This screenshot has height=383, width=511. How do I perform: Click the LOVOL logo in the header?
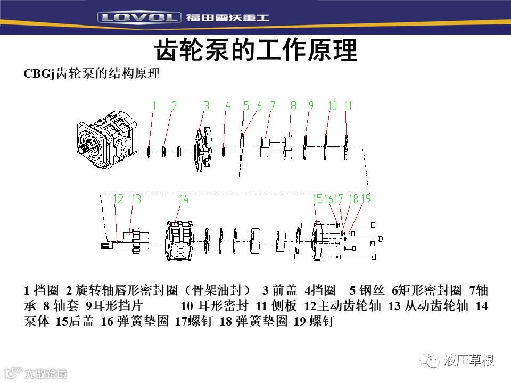pos(139,17)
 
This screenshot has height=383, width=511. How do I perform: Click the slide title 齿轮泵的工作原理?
pos(256,50)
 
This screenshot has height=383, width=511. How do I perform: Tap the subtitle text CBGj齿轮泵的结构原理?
pos(92,73)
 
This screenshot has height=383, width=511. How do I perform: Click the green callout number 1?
pos(154,105)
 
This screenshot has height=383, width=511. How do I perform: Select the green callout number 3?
pos(207,105)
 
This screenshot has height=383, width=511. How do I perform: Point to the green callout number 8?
pos(293,105)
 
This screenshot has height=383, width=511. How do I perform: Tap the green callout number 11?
pos(348,105)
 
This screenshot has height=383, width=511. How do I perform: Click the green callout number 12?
pos(118,198)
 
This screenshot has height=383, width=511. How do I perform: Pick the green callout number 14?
pos(184,198)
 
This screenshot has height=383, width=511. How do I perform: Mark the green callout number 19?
pos(366,198)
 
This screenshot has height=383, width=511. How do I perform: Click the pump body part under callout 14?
pos(179,241)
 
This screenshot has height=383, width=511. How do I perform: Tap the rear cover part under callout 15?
pos(317,241)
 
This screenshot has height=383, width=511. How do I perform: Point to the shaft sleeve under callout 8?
pos(287,147)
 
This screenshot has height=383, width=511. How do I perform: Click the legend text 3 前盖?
pos(279,289)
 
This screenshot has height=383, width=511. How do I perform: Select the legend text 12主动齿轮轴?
pos(342,305)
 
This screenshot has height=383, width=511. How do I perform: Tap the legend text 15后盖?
pos(75,321)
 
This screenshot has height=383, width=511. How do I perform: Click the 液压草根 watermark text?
pos(468,361)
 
